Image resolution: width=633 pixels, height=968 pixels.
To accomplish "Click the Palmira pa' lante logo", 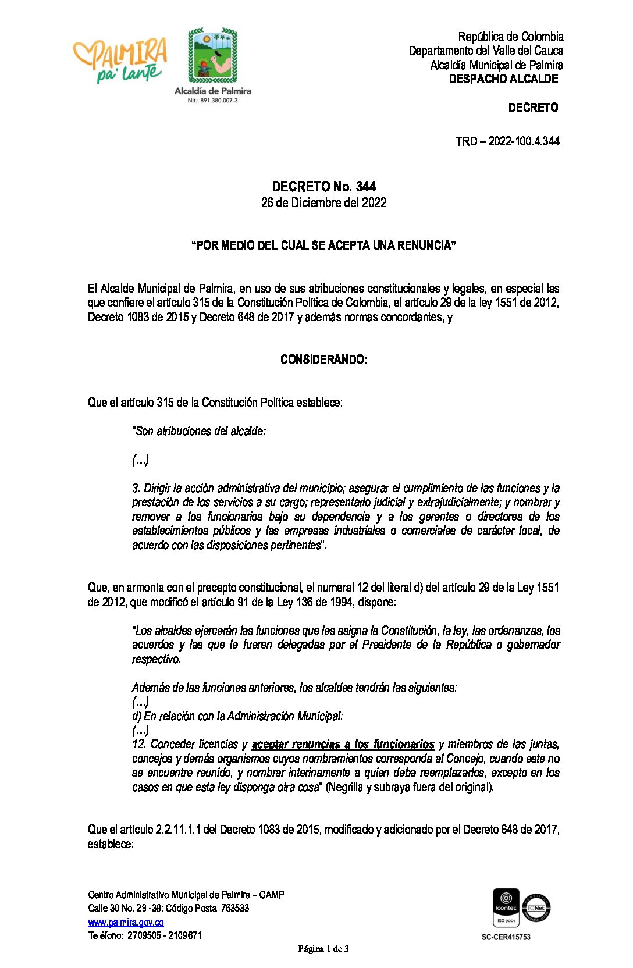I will tap(120, 60).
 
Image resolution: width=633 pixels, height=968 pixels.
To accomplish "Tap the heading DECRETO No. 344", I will tap(323, 187).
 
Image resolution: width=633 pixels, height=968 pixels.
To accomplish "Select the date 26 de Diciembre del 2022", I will tap(323, 202).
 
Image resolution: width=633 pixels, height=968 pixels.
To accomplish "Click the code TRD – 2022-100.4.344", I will tap(507, 141).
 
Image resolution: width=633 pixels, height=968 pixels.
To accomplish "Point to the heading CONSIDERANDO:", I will tap(323, 360).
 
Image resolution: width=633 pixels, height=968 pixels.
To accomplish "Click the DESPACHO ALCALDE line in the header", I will tap(503, 79).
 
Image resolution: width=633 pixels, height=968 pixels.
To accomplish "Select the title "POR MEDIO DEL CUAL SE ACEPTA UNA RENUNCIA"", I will tap(323, 245).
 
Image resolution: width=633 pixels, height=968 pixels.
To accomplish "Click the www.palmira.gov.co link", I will tap(126, 922).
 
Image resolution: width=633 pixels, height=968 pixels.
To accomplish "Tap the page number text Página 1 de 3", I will tap(323, 949).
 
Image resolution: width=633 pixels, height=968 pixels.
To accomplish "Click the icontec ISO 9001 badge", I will tap(506, 907).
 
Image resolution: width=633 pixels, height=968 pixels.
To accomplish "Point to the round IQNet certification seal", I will tap(536, 908).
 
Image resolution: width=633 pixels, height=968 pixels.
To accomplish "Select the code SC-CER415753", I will tap(506, 937).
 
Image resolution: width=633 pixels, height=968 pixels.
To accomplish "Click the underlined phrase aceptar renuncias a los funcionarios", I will tap(343, 745).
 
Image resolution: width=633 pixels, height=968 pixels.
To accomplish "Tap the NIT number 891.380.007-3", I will tap(212, 101).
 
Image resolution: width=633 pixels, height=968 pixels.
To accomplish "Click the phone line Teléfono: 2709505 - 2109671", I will tap(145, 935).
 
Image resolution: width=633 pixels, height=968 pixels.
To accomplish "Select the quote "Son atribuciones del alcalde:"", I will tap(199, 431).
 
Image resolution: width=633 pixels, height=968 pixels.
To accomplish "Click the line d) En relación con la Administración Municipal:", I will tap(237, 716).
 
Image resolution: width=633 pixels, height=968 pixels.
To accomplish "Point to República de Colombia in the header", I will tap(510, 37).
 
